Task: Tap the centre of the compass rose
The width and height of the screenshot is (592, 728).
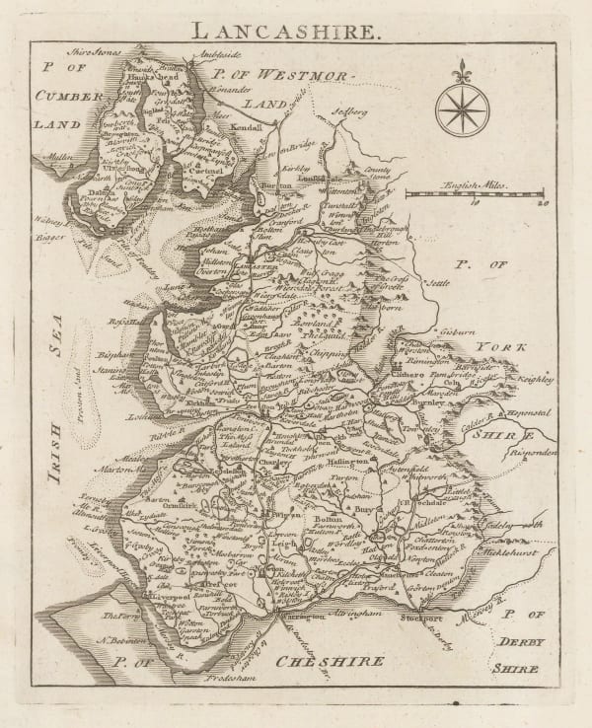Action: (460, 109)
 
